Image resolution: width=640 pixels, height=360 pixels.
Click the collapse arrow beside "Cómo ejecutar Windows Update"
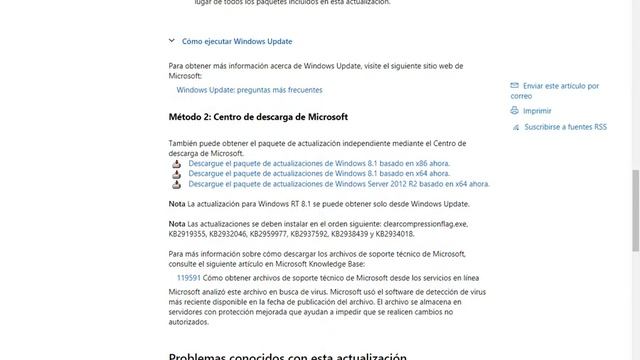[172, 41]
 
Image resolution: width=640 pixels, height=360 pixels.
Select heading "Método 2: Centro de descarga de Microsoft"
[258, 117]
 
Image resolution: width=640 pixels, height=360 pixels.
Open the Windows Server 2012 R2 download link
[338, 184]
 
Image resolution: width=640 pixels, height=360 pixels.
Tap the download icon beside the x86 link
[176, 162]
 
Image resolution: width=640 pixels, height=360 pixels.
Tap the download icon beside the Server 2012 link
[176, 184]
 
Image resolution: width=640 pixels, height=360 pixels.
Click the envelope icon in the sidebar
[514, 86]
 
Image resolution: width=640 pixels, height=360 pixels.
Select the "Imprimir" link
[537, 111]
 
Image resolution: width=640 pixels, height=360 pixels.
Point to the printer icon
[514, 111]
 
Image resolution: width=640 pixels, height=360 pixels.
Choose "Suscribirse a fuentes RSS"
[565, 127]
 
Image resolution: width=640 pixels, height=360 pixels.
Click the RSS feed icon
[514, 127]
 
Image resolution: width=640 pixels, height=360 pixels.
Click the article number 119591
[188, 277]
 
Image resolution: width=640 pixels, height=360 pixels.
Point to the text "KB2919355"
[189, 233]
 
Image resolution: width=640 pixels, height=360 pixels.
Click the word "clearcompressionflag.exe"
[425, 223]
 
